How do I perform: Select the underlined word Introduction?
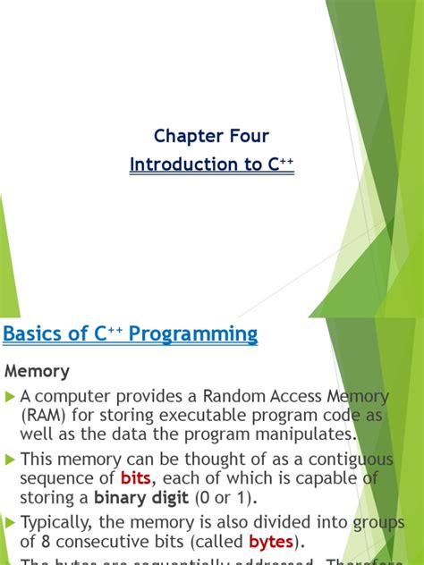[175, 164]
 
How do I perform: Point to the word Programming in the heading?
[193, 335]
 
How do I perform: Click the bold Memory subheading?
[38, 371]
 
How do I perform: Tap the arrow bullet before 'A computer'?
[11, 396]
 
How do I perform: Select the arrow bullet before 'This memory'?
[11, 460]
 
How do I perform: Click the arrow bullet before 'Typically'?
[11, 523]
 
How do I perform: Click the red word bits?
[137, 479]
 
